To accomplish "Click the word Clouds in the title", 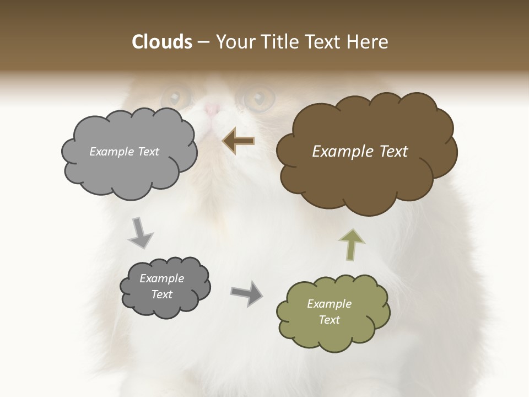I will [162, 42].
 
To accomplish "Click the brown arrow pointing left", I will [238, 141].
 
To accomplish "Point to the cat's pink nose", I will [213, 109].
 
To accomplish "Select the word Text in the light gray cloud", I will [147, 152].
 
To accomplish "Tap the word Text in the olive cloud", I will [329, 320].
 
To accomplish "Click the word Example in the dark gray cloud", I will [161, 278].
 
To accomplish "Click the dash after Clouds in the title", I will [203, 42].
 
